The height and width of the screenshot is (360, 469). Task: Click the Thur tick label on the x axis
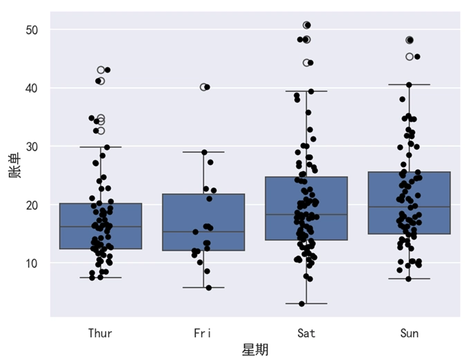pyautogui.click(x=100, y=333)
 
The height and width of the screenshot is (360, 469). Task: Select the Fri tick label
pyautogui.click(x=203, y=333)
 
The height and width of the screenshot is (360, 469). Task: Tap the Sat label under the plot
pyautogui.click(x=306, y=333)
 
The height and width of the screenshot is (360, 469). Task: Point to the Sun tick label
pyautogui.click(x=409, y=333)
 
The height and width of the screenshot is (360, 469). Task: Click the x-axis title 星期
pyautogui.click(x=255, y=350)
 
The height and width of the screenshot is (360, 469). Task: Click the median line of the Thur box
pyautogui.click(x=100, y=226)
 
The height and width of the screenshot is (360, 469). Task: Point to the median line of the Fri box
pyautogui.click(x=203, y=231)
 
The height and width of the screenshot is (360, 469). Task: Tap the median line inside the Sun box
pyautogui.click(x=409, y=207)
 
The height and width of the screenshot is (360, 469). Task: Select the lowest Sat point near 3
pyautogui.click(x=302, y=303)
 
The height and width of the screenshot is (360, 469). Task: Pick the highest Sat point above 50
pyautogui.click(x=306, y=25)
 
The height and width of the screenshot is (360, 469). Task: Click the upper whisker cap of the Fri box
pyautogui.click(x=203, y=152)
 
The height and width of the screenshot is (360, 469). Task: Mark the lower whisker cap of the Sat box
pyautogui.click(x=306, y=303)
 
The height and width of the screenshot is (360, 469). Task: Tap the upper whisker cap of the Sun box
pyautogui.click(x=409, y=84)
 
